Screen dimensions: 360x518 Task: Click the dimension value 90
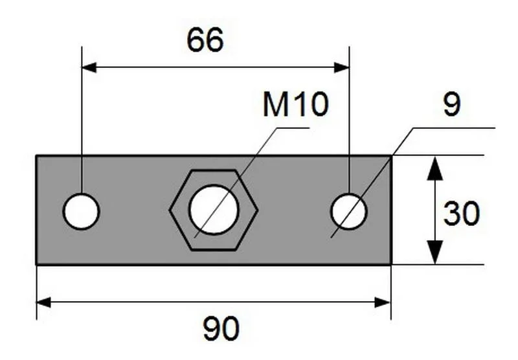click(221, 330)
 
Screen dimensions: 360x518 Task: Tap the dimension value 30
click(461, 214)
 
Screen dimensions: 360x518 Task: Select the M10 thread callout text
click(295, 105)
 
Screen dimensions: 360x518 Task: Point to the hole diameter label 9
click(451, 105)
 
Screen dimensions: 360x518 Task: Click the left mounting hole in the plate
click(81, 211)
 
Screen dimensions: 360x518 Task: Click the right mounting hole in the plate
click(349, 211)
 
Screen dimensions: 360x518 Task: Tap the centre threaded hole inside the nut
click(214, 210)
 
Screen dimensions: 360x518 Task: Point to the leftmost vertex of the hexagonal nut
click(170, 210)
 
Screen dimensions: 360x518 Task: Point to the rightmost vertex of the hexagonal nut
click(257, 210)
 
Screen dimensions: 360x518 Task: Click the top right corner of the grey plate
click(390, 156)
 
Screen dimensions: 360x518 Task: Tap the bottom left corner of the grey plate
click(37, 264)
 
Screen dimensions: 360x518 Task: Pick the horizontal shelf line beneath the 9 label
click(453, 128)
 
